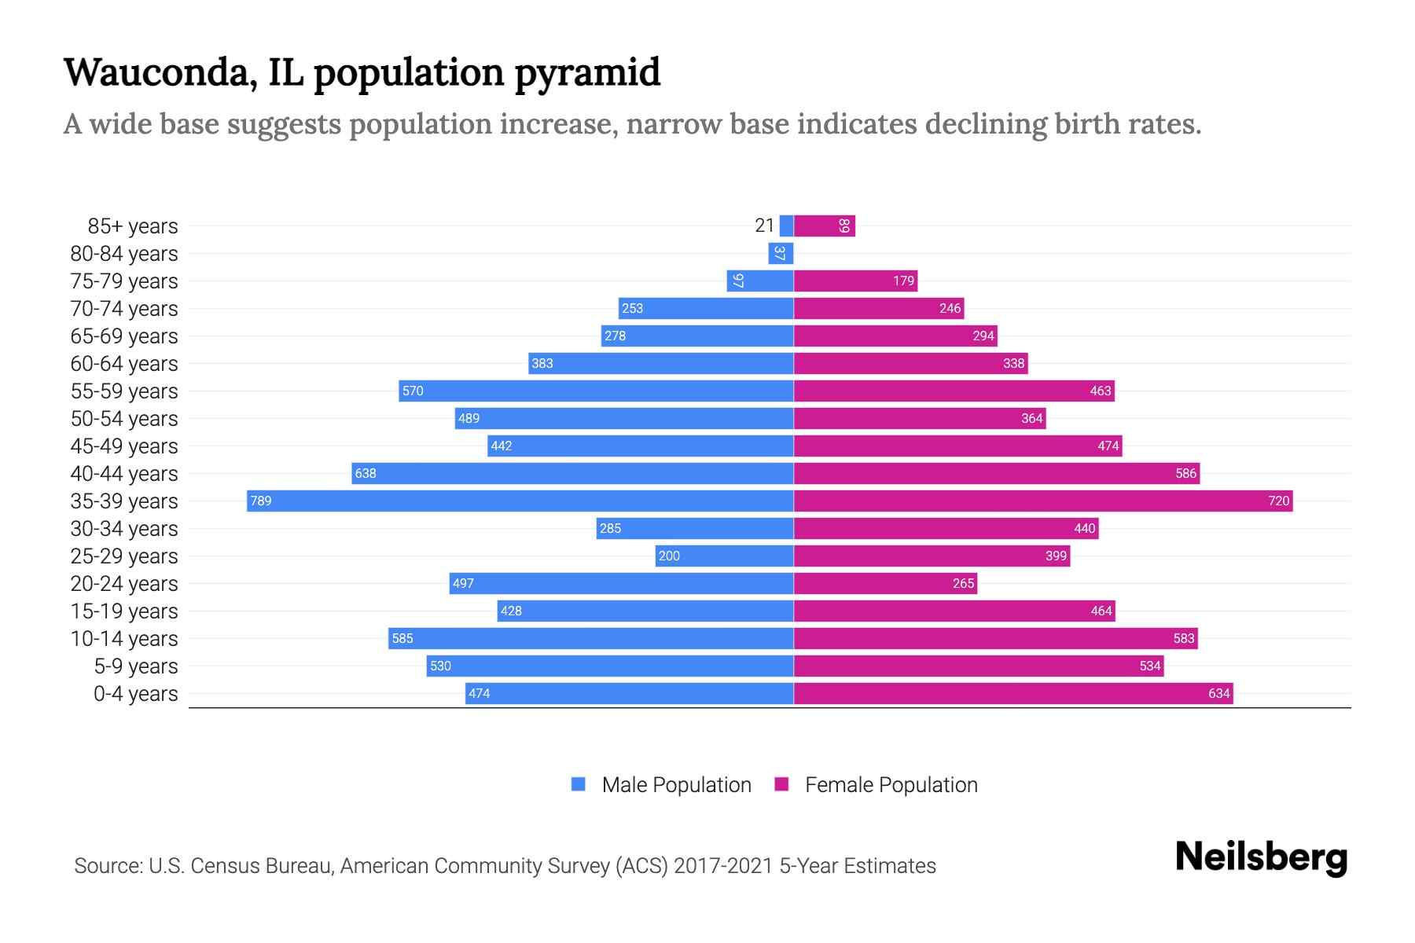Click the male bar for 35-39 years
point(519,501)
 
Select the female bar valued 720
point(1043,501)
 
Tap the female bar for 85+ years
point(824,226)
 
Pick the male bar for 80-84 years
point(781,254)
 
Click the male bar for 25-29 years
point(724,556)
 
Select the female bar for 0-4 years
point(1013,693)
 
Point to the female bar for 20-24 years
point(885,583)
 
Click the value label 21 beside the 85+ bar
point(764,226)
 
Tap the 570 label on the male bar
point(413,391)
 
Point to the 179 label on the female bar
point(903,281)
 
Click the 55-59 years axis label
point(124,391)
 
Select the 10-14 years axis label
point(124,639)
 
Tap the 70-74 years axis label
point(124,309)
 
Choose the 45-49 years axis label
point(124,446)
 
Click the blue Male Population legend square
point(579,784)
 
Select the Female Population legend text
point(891,785)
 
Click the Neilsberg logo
point(1261,857)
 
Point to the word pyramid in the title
point(587,74)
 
